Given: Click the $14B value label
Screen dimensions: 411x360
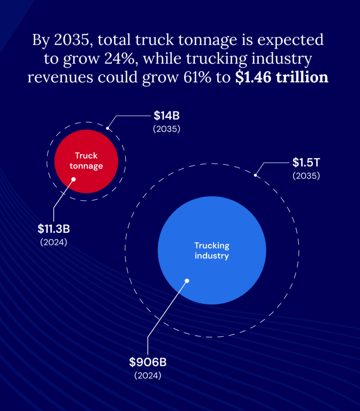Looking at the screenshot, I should (166, 116).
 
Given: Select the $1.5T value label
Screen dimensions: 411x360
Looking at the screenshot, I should (306, 163).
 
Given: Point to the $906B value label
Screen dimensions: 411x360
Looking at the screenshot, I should (148, 362).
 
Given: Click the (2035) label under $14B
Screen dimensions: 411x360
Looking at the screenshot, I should (166, 129).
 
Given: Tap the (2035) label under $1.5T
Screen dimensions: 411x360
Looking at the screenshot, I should (306, 176).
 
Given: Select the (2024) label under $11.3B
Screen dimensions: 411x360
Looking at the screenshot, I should (54, 242).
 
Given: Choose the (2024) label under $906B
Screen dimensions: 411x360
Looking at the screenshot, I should (148, 375).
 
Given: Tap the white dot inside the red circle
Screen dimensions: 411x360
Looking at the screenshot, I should (74, 179).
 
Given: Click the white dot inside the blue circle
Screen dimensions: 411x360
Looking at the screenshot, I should (186, 281).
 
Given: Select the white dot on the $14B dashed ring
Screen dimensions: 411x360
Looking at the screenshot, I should (108, 128).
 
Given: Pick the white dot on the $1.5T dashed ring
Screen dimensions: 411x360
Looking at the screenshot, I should (256, 175).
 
